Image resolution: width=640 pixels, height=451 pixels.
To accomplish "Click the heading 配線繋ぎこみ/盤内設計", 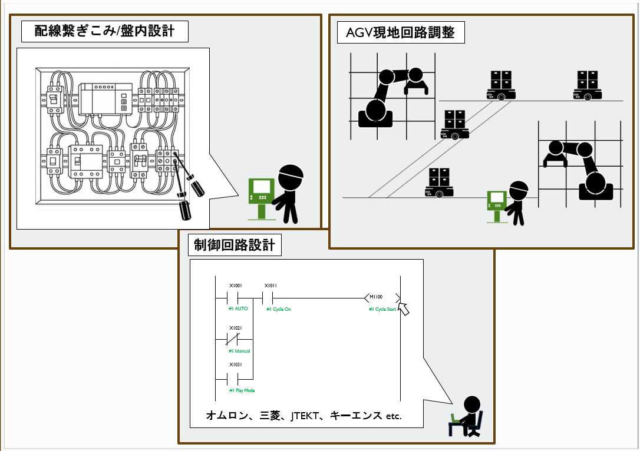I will (104, 31).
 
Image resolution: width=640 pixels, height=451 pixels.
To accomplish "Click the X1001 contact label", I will (236, 285).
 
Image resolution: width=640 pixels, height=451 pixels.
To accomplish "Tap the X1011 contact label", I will (270, 285).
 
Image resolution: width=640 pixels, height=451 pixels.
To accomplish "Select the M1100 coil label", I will (376, 297).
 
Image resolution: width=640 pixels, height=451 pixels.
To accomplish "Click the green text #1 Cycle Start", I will (382, 310).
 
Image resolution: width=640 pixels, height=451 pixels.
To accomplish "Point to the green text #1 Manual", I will (239, 351).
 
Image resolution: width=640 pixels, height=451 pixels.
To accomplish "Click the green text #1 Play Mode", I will (242, 390).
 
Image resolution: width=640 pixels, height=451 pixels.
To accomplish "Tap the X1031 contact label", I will (236, 365).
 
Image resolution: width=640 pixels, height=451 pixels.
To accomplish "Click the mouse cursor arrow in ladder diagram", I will (404, 309).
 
